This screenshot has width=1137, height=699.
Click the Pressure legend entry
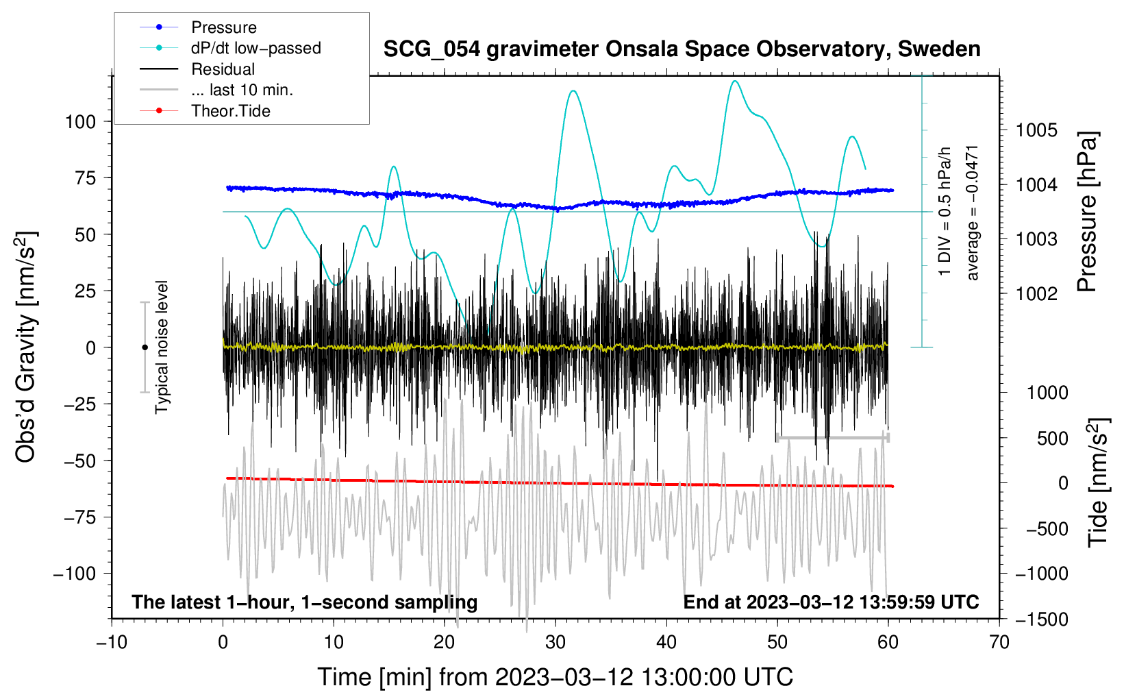pos(223,27)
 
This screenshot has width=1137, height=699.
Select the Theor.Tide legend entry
pos(230,111)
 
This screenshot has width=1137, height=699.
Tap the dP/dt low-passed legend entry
pos(255,48)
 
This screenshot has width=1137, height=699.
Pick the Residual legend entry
pos(223,69)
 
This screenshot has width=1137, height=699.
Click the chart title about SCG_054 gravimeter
pos(682,49)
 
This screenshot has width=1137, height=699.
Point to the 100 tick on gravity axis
pos(80,122)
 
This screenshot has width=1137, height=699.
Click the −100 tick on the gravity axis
pos(75,574)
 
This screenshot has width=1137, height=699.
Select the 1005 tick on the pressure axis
pos(1036,130)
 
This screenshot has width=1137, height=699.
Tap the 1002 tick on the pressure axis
pos(1036,294)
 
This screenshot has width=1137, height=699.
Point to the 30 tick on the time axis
pos(555,643)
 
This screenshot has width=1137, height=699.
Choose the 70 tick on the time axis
pos(999,643)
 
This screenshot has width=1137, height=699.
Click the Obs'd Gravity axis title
pos(25,347)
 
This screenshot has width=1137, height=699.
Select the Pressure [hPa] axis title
pos(1087,212)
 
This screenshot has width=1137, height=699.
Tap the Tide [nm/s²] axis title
pos(1098,482)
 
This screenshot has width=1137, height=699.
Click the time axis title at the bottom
pos(555,677)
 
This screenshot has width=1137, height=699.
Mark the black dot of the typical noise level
pos(145,347)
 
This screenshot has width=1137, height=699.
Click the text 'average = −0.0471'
pos(973,212)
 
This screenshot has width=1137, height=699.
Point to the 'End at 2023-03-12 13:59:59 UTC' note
pos(831,602)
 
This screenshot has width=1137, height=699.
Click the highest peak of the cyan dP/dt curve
pos(735,82)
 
